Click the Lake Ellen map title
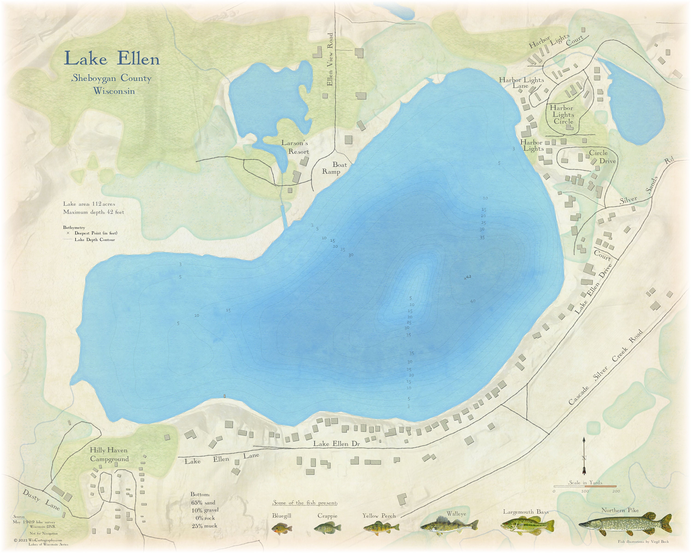pyautogui.click(x=112, y=59)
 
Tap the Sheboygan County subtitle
pyautogui.click(x=111, y=78)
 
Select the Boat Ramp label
pyautogui.click(x=335, y=168)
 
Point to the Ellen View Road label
pyautogui.click(x=330, y=59)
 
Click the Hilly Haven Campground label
pyautogui.click(x=109, y=455)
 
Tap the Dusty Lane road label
pyautogui.click(x=41, y=500)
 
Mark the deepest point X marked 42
pyautogui.click(x=465, y=279)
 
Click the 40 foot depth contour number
pyautogui.click(x=473, y=301)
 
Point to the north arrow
pyautogui.click(x=584, y=455)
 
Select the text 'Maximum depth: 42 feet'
pyautogui.click(x=93, y=212)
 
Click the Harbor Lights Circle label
pyautogui.click(x=563, y=115)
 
